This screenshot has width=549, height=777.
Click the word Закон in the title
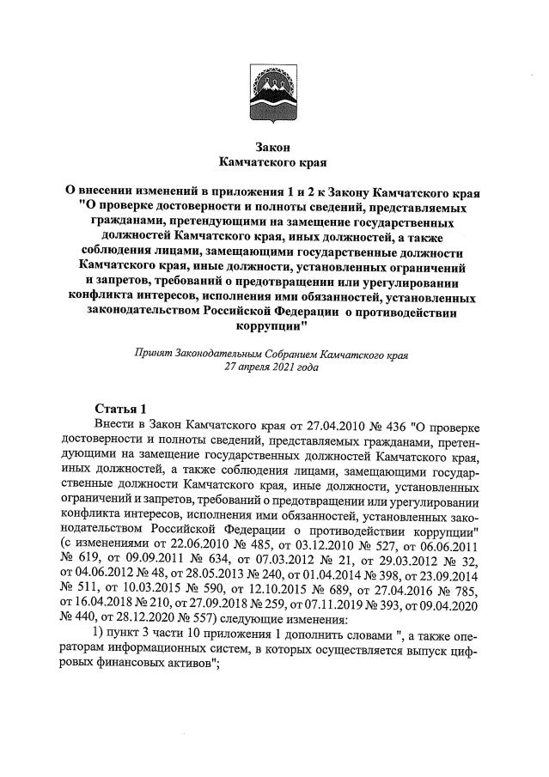pyautogui.click(x=273, y=146)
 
